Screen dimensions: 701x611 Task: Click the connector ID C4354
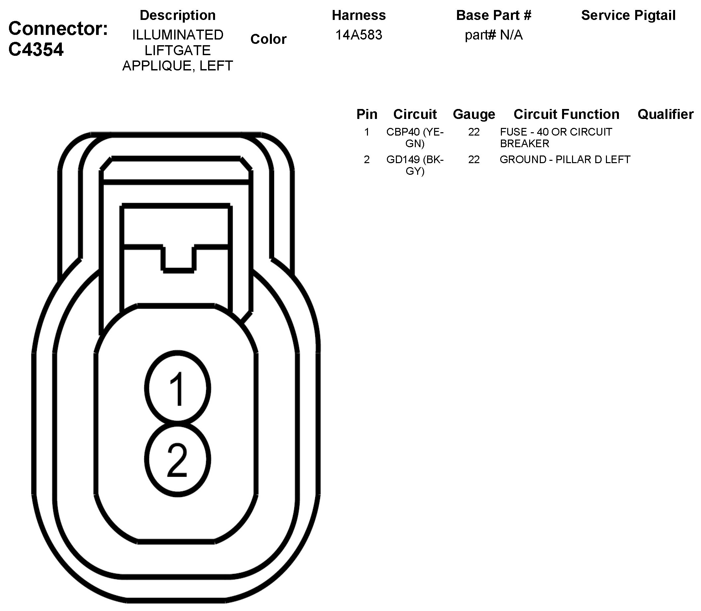click(36, 50)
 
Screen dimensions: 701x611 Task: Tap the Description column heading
click(177, 15)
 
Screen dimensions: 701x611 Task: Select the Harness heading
click(359, 15)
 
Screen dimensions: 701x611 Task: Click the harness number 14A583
click(359, 35)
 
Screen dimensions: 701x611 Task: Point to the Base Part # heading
click(493, 15)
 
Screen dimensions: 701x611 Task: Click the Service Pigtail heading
click(628, 15)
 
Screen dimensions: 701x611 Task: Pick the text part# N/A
click(493, 35)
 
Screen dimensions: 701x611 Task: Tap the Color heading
click(268, 39)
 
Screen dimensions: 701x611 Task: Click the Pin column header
click(367, 114)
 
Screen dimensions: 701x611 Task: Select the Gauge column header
click(474, 114)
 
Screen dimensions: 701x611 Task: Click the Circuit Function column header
click(566, 114)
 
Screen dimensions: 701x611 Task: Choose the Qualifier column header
click(665, 114)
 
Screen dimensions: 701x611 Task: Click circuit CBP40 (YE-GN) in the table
click(415, 138)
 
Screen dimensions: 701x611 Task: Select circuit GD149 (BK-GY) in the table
click(415, 165)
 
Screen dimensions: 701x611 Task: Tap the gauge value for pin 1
click(474, 132)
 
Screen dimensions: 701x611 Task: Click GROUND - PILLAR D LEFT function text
click(564, 159)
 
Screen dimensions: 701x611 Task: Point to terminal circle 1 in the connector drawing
click(177, 389)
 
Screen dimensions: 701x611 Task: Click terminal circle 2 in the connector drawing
click(177, 459)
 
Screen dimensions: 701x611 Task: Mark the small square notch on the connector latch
click(178, 258)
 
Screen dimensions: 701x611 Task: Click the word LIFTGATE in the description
click(177, 51)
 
